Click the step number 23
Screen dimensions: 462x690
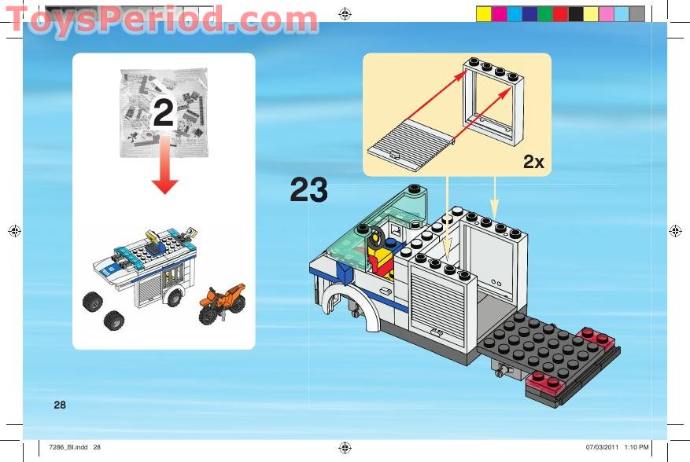tap(309, 190)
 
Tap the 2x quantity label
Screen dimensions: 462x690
tap(533, 163)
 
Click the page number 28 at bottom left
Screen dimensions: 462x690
tap(60, 405)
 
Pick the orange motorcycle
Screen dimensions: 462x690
tap(222, 303)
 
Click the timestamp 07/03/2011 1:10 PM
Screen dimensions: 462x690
tap(617, 448)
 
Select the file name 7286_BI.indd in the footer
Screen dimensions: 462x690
tap(75, 448)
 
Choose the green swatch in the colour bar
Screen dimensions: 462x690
tap(544, 13)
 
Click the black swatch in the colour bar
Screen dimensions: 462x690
tap(575, 13)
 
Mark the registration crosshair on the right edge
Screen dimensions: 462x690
tap(675, 231)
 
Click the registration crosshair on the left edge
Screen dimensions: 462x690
tap(14, 231)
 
